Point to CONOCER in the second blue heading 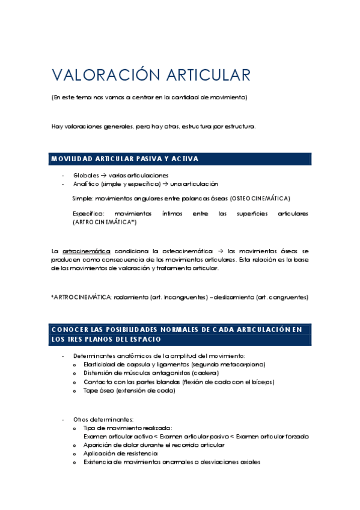click(69, 330)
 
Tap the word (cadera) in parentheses click(206, 373)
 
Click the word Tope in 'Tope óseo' click(91, 390)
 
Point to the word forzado click(296, 435)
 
